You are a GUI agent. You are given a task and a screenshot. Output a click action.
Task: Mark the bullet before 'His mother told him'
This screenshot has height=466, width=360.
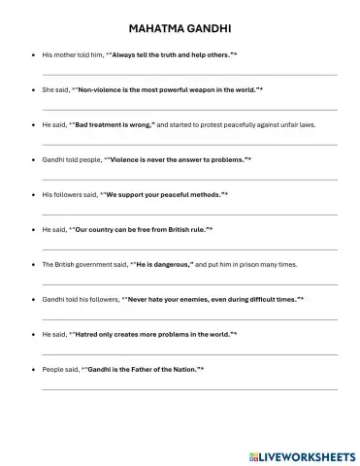[x=34, y=54]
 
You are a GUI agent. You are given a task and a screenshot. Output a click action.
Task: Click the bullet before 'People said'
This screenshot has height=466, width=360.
[x=34, y=369]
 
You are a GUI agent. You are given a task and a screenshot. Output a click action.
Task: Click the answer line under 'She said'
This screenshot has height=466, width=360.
[x=189, y=109]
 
